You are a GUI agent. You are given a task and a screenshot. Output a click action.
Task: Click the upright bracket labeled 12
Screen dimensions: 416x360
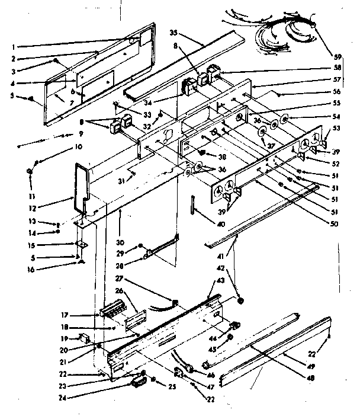[x=82, y=184]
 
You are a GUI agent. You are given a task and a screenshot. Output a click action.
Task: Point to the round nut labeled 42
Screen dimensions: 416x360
[x=240, y=302]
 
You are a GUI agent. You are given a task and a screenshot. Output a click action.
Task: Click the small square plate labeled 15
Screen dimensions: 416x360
[x=80, y=244]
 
